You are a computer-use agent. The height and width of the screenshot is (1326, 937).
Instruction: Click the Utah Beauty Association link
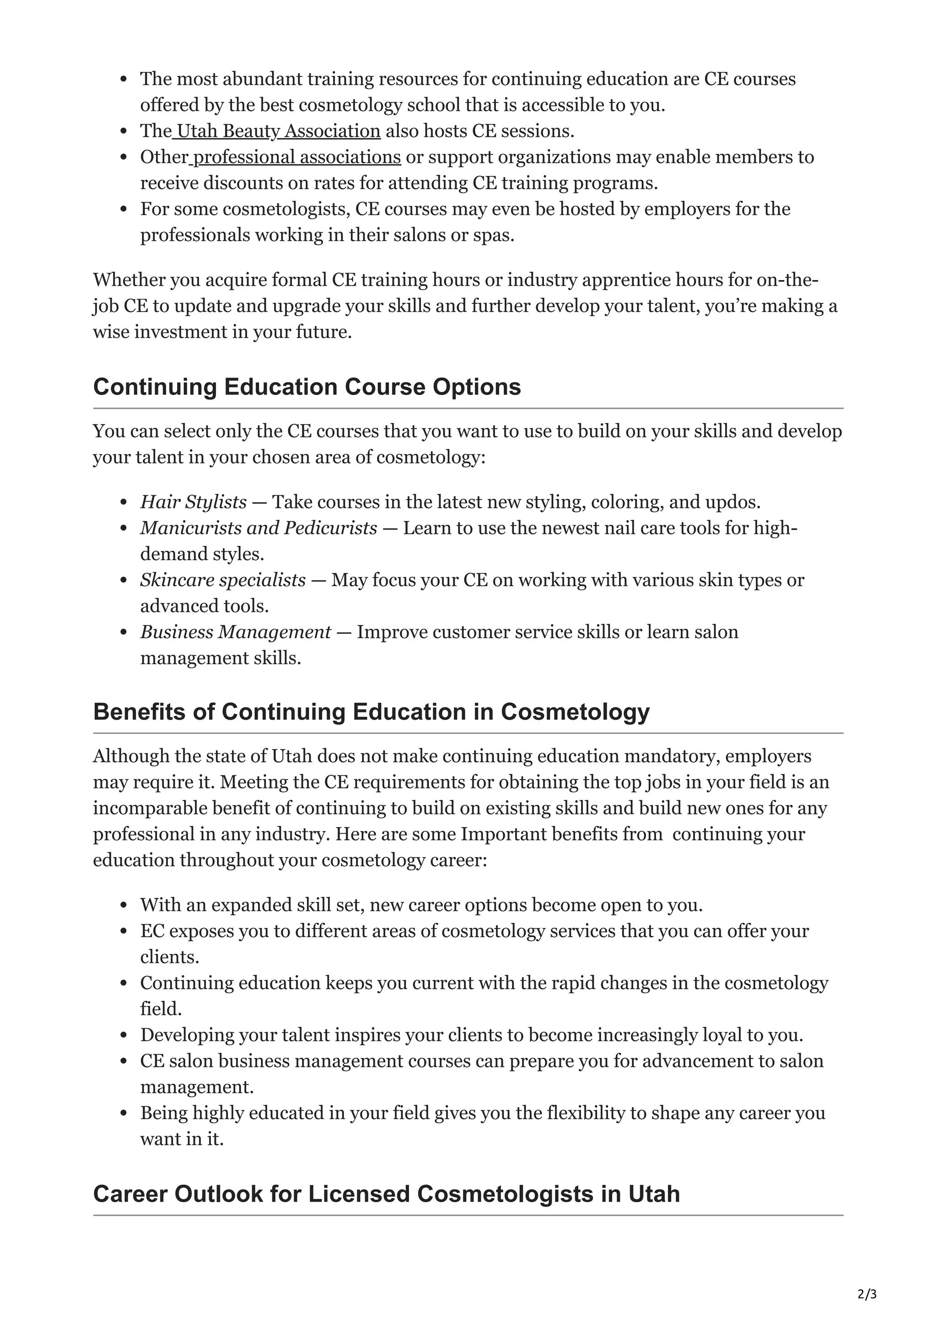[x=278, y=131]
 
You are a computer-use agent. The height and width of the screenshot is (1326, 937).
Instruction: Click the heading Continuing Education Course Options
[x=307, y=387]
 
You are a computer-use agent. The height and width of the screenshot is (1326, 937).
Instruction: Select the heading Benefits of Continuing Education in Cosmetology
[x=371, y=712]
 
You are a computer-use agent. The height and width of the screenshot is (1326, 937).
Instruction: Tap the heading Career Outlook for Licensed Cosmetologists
[x=386, y=1194]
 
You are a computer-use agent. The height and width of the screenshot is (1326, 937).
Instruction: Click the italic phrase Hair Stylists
[x=194, y=502]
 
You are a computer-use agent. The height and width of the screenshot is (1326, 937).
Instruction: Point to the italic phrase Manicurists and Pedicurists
[x=258, y=528]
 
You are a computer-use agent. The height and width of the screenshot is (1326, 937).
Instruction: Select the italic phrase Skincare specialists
[x=223, y=580]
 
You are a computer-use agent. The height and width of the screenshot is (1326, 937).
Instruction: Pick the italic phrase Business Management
[x=236, y=632]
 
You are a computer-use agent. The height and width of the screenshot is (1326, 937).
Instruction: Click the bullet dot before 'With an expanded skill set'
[x=123, y=906]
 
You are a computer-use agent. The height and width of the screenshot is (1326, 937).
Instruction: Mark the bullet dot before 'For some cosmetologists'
[x=123, y=209]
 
